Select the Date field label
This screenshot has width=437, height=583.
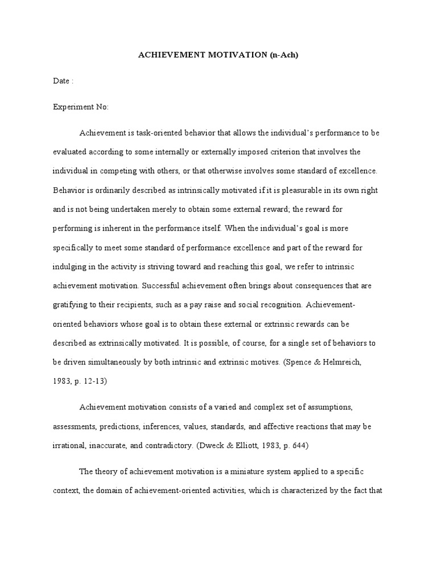click(61, 81)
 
